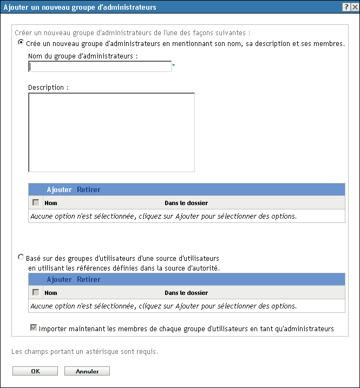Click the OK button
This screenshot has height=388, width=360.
tap(35, 371)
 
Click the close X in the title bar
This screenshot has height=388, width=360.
tap(354, 7)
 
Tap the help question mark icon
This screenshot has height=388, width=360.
tap(345, 7)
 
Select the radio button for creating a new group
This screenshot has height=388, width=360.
tap(21, 43)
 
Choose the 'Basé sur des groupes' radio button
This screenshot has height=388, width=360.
tap(21, 258)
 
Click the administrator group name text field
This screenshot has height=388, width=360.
tap(100, 67)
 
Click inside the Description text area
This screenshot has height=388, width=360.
tap(111, 132)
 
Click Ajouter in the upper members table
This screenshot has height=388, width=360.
tap(59, 190)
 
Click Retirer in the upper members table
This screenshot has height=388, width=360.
tap(88, 190)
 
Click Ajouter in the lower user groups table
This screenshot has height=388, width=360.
tap(59, 280)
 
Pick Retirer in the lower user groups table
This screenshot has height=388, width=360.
tap(88, 280)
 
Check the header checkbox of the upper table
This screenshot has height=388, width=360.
tap(36, 203)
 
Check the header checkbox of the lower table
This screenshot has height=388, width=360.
tap(36, 293)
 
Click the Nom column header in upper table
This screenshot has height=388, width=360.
tap(50, 203)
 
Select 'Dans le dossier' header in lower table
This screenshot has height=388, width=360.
tap(186, 293)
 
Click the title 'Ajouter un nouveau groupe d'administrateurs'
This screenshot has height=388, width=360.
tap(80, 7)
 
